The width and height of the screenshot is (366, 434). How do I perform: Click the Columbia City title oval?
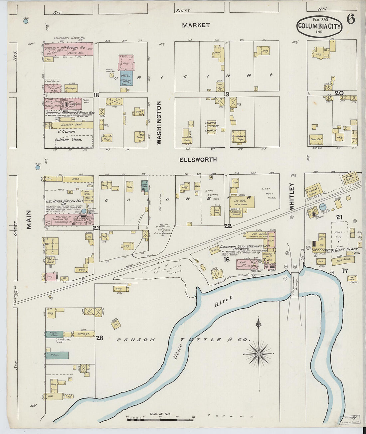pos(320,26)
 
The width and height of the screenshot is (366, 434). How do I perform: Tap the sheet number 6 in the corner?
pos(350,19)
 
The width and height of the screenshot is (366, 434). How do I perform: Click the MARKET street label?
pos(196,25)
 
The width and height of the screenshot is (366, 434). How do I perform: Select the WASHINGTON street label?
pos(159,122)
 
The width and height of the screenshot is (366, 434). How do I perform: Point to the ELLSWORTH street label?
pos(198,160)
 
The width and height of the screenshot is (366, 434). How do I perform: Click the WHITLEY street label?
pos(292,196)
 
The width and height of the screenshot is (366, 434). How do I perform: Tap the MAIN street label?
pos(29,219)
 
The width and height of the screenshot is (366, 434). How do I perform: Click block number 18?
pos(96,95)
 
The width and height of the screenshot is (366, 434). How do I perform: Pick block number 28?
pos(99,338)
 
